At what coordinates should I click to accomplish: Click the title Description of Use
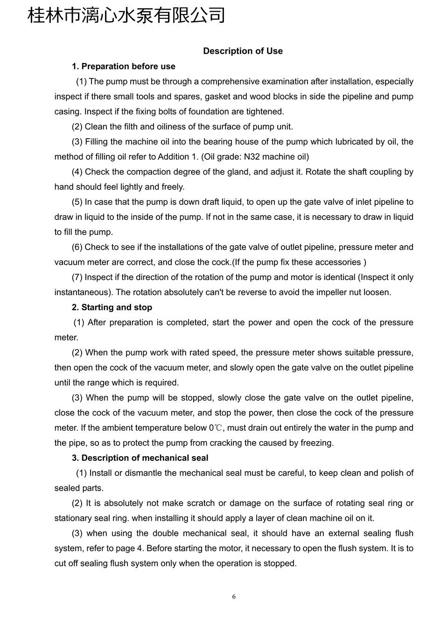(x=243, y=51)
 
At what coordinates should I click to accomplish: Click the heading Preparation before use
(x=124, y=66)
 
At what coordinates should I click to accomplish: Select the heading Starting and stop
(x=112, y=307)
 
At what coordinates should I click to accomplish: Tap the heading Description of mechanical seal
(x=140, y=458)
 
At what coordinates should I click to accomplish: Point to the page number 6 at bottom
(x=234, y=597)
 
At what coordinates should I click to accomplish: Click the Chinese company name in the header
(x=126, y=15)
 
